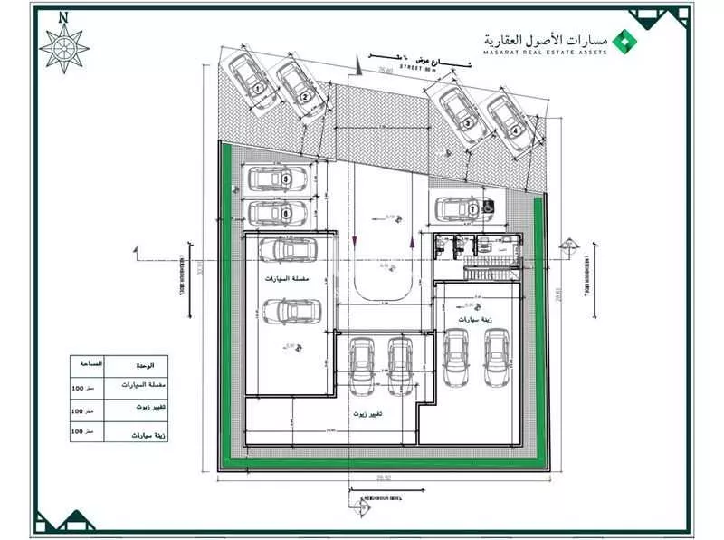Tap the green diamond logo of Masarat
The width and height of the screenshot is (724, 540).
622,41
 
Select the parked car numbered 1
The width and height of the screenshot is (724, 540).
251,77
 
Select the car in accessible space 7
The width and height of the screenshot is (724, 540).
461,208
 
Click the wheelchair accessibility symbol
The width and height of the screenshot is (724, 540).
488,207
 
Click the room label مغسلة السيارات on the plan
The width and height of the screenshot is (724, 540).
290,281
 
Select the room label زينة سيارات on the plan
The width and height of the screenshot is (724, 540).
473,322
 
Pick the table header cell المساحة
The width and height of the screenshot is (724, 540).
90,364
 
